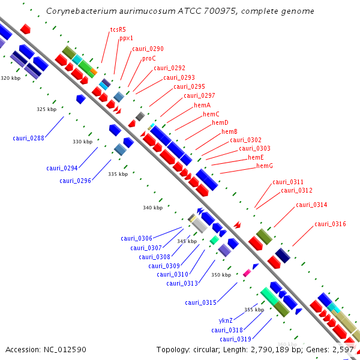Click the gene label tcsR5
tap(118, 29)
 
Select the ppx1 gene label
tap(126, 38)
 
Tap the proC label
tap(149, 59)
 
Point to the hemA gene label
tap(202, 105)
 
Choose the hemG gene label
tap(265, 166)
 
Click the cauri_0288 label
tap(28, 138)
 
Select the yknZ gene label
tap(226, 320)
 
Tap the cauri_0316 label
tap(330, 224)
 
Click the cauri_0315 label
tap(200, 302)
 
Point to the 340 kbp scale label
tap(152, 208)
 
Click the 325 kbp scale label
tap(46, 109)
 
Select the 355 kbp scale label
tap(254, 310)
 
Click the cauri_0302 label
tap(245, 140)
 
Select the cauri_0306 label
tap(136, 238)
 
